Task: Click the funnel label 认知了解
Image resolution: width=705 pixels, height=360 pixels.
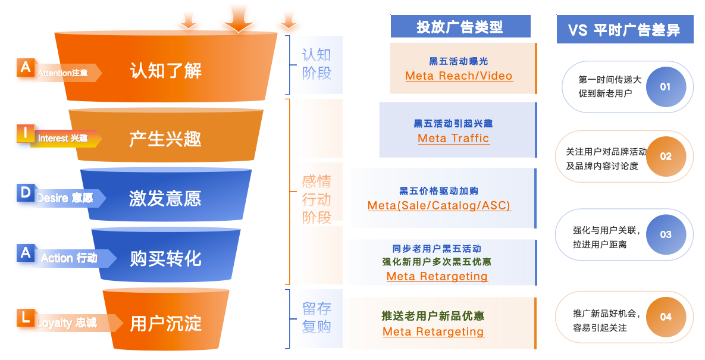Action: (166, 71)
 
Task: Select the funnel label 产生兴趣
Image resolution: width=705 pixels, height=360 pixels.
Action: (165, 139)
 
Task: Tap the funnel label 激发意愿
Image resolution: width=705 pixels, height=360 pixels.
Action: (165, 198)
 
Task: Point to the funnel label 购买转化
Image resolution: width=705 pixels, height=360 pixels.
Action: (165, 258)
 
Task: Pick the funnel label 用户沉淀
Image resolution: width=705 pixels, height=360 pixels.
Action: (166, 324)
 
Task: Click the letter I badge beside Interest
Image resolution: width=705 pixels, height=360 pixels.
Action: (25, 133)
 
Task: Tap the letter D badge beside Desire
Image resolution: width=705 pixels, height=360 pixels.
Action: (26, 193)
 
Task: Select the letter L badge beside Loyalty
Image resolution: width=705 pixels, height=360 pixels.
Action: (25, 318)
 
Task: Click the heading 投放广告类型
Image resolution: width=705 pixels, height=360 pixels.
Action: (460, 27)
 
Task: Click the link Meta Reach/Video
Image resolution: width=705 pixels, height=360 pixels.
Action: (459, 76)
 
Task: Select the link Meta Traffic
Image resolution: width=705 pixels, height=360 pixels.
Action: (453, 139)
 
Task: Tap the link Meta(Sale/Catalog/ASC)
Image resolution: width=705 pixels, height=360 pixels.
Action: (439, 206)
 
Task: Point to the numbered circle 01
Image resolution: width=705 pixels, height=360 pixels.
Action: (665, 87)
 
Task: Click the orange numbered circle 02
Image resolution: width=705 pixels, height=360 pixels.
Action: (666, 156)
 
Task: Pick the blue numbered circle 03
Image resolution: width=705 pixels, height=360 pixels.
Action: (666, 234)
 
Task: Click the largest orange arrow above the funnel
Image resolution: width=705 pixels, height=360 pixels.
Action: (239, 18)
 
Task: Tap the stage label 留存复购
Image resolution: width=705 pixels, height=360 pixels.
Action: (317, 318)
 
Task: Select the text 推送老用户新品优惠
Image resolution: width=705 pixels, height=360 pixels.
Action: (433, 316)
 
